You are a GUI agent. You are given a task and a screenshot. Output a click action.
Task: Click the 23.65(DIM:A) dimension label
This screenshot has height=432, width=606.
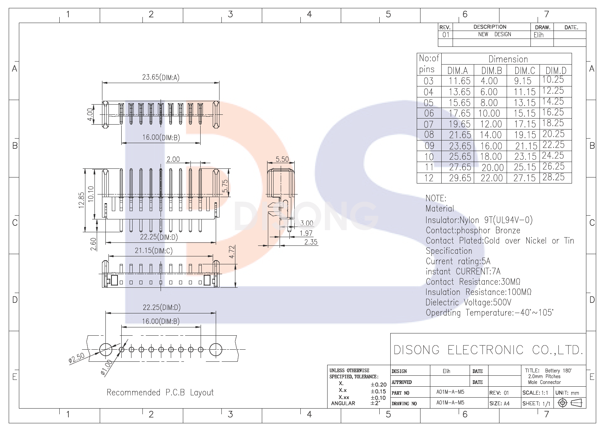[x=161, y=77]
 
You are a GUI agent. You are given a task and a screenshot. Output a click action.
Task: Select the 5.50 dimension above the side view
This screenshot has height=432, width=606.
[x=282, y=159]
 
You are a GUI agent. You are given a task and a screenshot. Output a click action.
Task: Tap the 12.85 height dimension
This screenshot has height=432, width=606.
[x=82, y=201]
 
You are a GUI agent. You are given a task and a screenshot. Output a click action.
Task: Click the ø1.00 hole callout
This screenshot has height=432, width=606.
[x=107, y=367]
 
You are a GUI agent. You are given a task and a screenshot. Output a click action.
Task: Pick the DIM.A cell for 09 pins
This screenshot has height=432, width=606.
[x=460, y=146]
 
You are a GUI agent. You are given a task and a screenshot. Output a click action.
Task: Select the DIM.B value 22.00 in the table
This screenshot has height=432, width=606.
[x=492, y=178]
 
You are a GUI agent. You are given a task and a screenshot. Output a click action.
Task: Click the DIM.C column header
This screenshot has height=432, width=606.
[x=525, y=71]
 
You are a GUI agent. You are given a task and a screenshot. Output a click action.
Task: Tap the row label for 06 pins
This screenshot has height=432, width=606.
[x=429, y=113]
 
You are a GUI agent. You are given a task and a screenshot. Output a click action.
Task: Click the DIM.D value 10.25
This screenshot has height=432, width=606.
[x=553, y=80]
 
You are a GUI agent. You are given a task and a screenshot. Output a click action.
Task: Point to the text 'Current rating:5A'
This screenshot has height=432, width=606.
[x=458, y=261]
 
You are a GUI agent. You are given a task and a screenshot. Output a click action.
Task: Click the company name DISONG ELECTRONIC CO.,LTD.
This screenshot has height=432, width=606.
[x=488, y=350]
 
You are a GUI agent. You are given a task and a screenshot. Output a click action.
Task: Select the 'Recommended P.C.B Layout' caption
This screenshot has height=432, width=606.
[x=160, y=392]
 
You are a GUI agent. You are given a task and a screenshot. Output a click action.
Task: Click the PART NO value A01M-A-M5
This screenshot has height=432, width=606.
[x=450, y=392]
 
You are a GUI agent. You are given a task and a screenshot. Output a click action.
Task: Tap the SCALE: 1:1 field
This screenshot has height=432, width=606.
[x=535, y=393]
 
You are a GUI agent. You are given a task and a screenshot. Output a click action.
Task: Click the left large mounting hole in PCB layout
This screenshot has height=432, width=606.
[x=106, y=349]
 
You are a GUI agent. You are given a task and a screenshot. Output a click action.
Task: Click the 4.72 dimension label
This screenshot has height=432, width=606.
[x=232, y=252]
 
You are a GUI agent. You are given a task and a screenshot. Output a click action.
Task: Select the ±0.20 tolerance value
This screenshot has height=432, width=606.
[x=378, y=385]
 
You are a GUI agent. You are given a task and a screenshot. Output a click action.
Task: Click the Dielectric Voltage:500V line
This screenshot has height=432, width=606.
[x=468, y=302]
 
